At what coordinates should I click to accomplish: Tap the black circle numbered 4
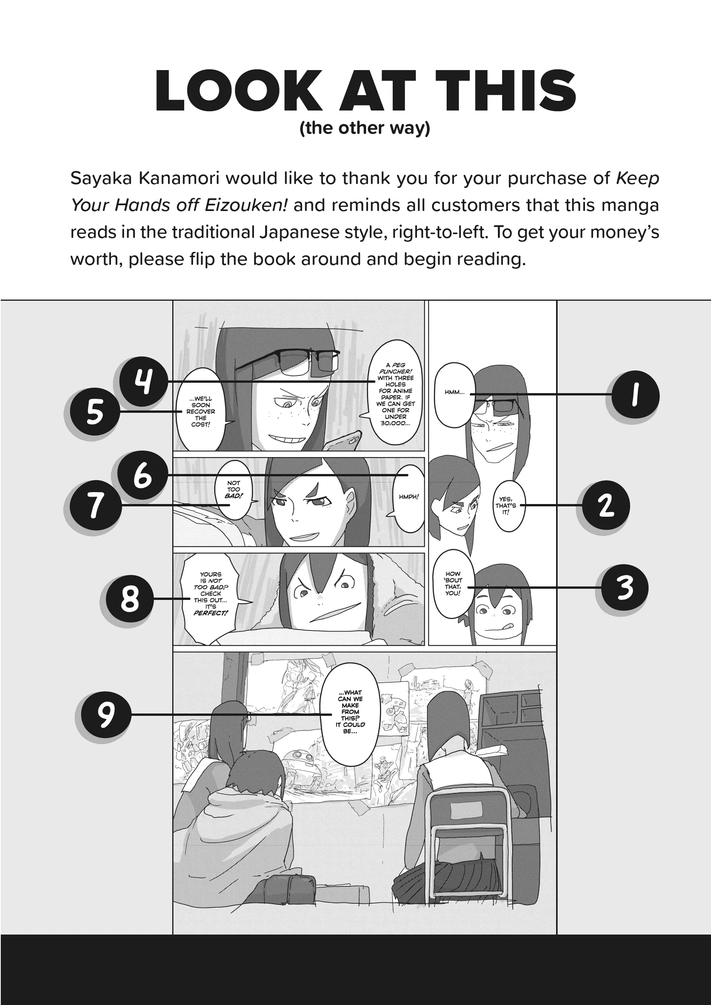(143, 382)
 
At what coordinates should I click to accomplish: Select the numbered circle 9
(106, 714)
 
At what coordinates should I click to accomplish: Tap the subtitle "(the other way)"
(365, 128)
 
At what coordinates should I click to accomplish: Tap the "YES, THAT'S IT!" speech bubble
(508, 505)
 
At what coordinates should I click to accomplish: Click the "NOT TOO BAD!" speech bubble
(234, 490)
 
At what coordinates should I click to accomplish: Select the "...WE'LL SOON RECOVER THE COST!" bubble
(201, 410)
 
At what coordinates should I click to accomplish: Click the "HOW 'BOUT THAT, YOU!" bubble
(453, 583)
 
